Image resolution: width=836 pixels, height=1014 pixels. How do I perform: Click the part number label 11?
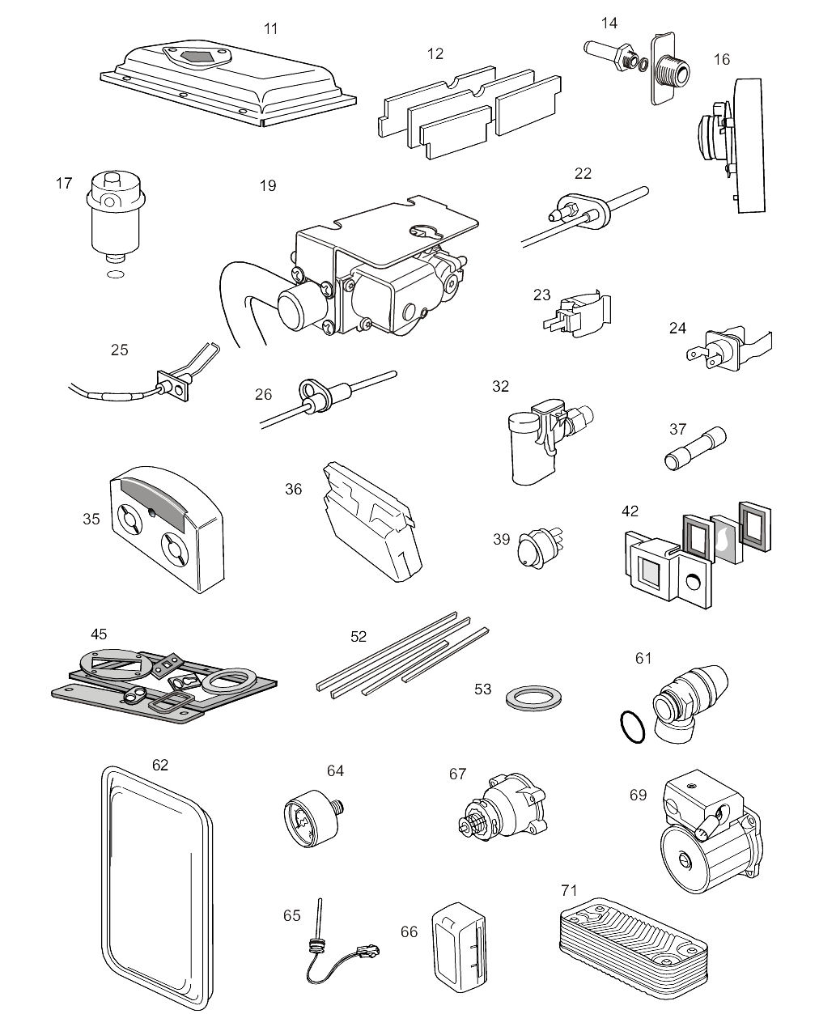click(271, 28)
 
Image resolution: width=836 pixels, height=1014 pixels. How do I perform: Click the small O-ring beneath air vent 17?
click(116, 276)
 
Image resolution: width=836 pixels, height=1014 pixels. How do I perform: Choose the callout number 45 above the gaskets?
click(98, 634)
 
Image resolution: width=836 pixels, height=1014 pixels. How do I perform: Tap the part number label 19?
click(268, 185)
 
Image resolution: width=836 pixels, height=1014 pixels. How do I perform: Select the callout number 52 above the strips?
click(359, 637)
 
